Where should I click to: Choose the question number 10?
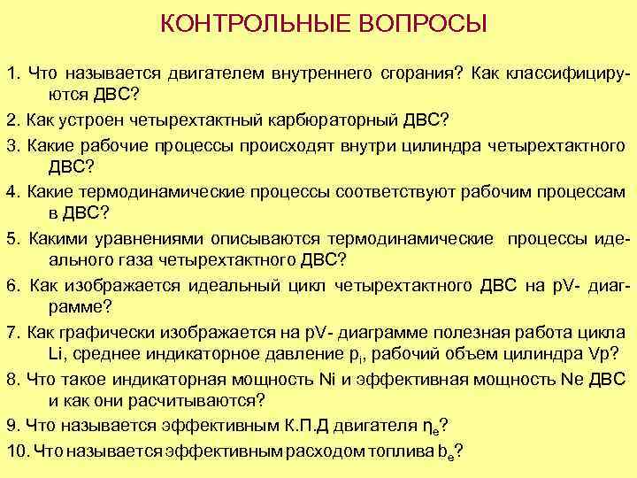16,449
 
